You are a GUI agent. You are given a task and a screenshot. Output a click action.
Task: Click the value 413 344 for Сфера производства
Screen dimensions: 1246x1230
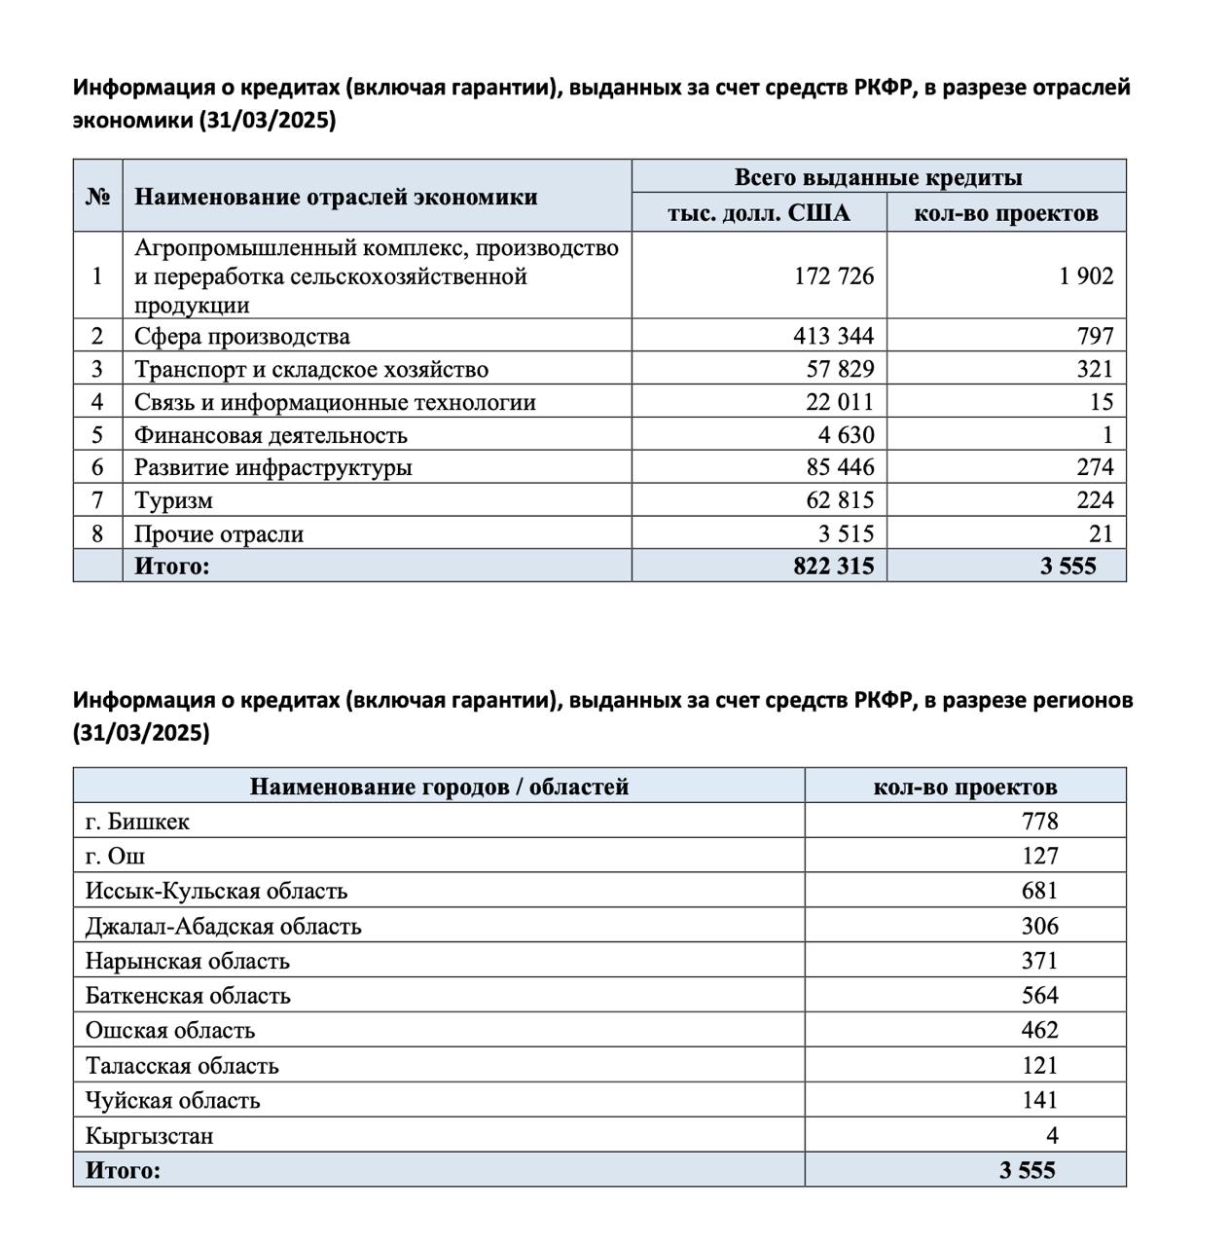[x=833, y=337]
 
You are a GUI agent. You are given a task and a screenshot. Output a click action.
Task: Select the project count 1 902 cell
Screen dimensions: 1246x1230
[x=1086, y=276]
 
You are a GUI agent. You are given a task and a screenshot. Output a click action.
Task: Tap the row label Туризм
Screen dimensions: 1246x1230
[x=173, y=500]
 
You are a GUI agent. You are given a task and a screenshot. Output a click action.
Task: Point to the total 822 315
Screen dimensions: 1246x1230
[x=833, y=566]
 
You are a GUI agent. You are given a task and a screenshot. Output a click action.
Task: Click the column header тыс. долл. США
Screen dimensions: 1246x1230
[x=758, y=213]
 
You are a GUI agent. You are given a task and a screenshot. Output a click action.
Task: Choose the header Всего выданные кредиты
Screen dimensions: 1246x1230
[x=878, y=177]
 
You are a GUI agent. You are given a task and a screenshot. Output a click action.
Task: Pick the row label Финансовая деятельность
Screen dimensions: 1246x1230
[x=271, y=435]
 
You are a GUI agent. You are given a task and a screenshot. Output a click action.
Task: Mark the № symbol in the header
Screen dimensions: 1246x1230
[x=97, y=197]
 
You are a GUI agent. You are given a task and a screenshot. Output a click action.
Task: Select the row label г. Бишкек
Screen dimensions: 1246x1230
[x=137, y=822]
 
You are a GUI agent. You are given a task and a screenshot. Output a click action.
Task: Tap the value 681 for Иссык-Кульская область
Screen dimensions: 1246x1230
[x=1039, y=891]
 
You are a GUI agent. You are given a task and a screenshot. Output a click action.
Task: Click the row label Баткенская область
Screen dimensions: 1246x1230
[x=188, y=996]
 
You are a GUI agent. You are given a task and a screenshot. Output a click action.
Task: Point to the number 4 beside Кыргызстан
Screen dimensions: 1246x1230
[x=1052, y=1135]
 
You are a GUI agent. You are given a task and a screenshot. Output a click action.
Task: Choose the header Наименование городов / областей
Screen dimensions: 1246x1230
[x=439, y=787]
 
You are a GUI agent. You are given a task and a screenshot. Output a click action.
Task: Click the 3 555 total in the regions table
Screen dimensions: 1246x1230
[x=1027, y=1170]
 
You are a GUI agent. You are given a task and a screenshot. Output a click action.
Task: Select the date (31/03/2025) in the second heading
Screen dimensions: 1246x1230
[x=141, y=733]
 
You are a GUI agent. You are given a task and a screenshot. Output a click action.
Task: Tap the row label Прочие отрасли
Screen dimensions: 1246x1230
[x=219, y=534]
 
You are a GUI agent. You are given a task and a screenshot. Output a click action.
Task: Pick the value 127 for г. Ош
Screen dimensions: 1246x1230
[x=1039, y=856]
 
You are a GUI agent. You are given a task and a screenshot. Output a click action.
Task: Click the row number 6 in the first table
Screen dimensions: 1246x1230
[x=97, y=467]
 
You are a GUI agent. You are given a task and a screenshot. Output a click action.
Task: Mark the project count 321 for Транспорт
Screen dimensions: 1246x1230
[x=1095, y=370]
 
